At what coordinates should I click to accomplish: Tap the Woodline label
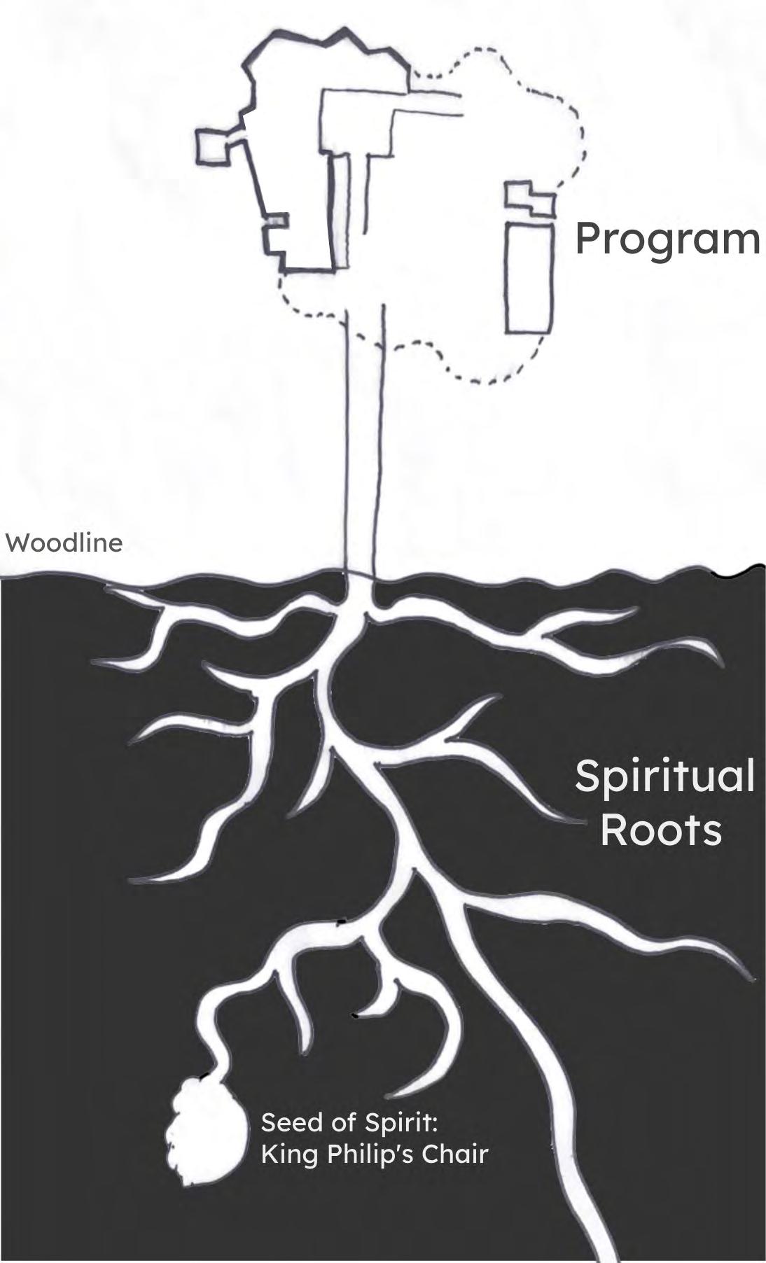click(64, 543)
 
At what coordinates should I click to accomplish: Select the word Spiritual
click(664, 778)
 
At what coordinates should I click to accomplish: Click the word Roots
click(660, 830)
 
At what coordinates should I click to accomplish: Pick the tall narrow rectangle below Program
click(529, 277)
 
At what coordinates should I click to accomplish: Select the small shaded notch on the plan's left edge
click(275, 221)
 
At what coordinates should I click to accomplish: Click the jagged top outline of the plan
click(329, 39)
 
